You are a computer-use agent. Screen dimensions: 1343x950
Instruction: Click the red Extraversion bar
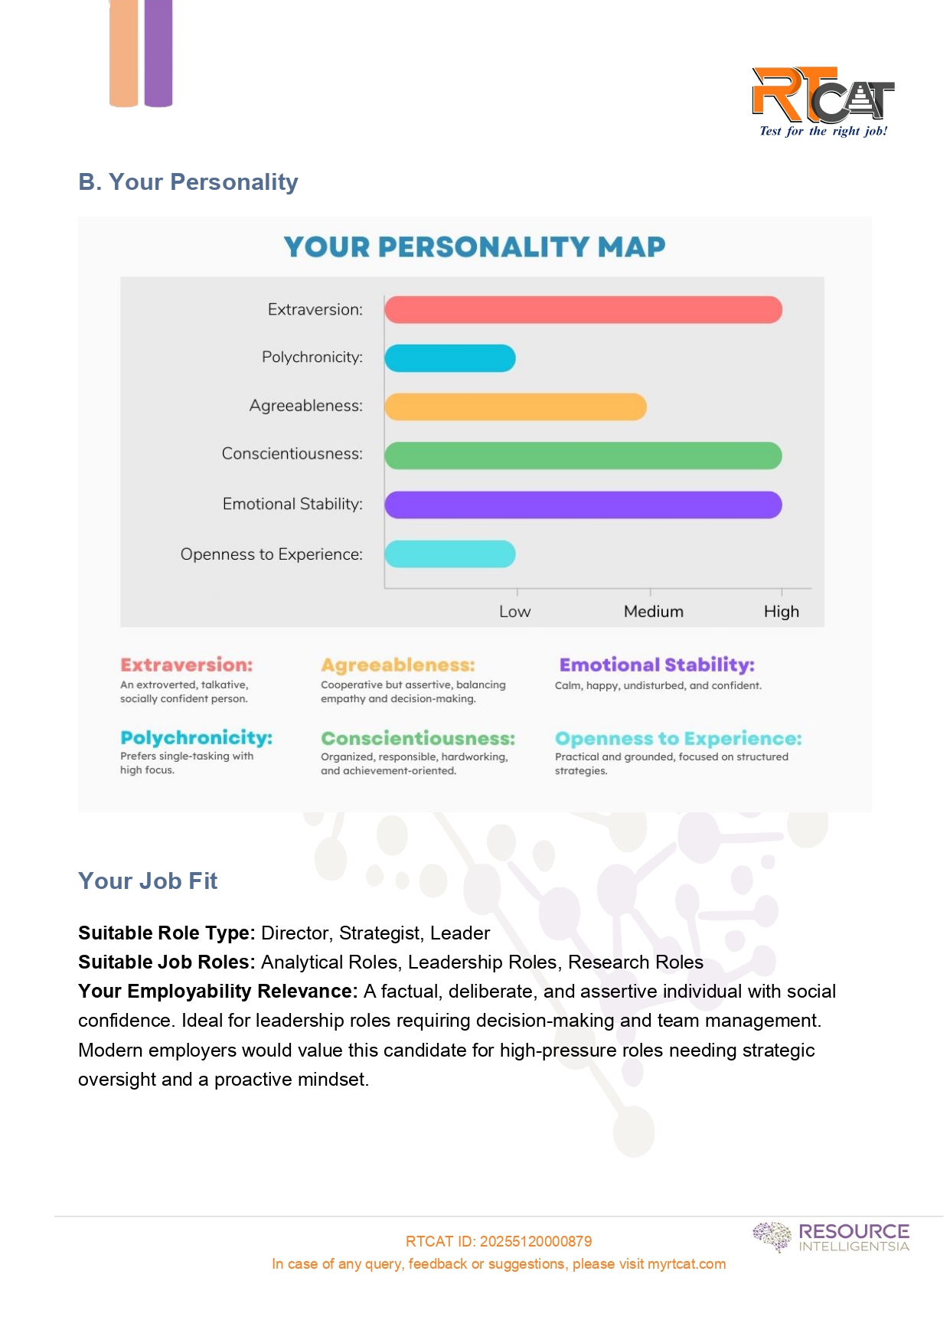[583, 310]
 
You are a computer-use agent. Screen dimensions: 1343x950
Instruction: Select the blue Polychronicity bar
[450, 358]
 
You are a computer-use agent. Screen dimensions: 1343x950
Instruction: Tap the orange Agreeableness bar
[515, 407]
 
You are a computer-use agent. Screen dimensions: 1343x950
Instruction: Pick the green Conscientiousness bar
[583, 456]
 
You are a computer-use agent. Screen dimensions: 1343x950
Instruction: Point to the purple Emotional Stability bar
[583, 505]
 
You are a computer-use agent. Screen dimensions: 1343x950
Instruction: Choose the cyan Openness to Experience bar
[450, 554]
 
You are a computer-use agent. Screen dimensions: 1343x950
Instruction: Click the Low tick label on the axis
[514, 612]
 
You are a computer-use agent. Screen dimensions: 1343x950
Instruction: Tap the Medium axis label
[653, 612]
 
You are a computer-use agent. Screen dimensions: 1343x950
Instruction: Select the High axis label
[781, 612]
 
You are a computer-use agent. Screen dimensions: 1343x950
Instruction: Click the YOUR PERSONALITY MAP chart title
[475, 247]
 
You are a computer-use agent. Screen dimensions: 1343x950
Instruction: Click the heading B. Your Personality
[188, 182]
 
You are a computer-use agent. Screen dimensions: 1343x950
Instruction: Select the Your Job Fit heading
[148, 881]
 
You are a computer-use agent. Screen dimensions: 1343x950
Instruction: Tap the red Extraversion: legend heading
[186, 665]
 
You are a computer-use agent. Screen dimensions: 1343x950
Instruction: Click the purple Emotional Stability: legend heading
[657, 665]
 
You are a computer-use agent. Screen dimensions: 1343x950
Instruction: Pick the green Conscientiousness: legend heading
[418, 738]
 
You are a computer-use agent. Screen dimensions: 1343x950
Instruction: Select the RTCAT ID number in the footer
[535, 1241]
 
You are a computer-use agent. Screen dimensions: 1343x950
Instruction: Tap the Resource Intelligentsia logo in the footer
[831, 1237]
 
